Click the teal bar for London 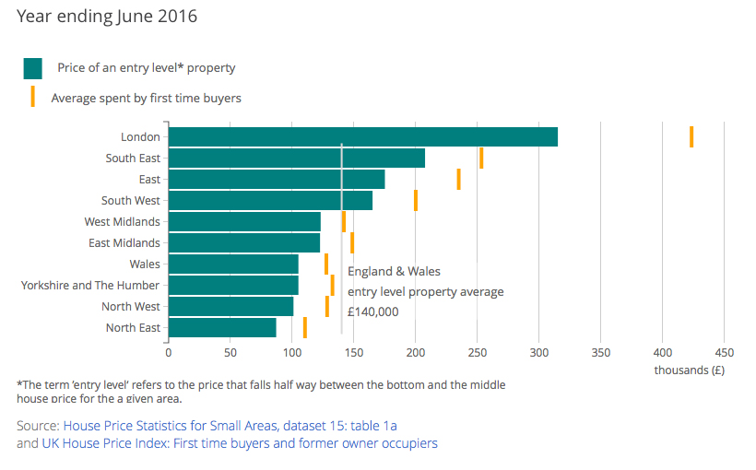point(362,136)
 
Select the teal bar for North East point(222,328)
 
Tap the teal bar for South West point(270,200)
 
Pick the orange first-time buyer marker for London point(691,136)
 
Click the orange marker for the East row point(458,179)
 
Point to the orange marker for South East point(481,158)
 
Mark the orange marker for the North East point(305,328)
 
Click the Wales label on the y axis point(144,264)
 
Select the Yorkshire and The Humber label point(90,286)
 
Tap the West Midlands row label point(122,222)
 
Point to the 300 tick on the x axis point(539,352)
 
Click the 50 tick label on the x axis point(230,352)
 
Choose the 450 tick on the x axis point(724,352)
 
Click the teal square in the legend point(33,68)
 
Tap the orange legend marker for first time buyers point(33,97)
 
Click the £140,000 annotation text point(373,312)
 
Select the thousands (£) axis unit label point(689,370)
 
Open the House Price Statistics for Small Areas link point(230,425)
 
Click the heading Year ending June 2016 point(107,17)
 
